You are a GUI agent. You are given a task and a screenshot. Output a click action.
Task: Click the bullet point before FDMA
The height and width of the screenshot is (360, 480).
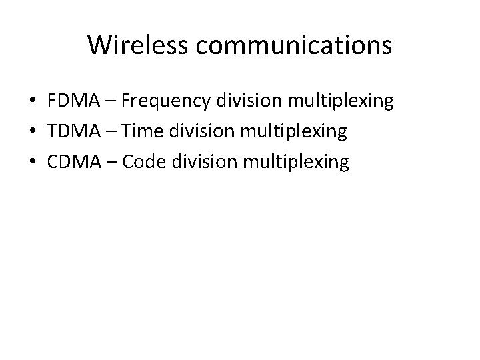[x=32, y=103]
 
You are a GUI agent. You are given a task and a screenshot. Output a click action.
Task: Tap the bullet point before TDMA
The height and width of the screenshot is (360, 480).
[x=32, y=133]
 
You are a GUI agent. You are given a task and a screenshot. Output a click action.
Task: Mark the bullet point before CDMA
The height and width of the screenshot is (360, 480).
[x=32, y=163]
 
